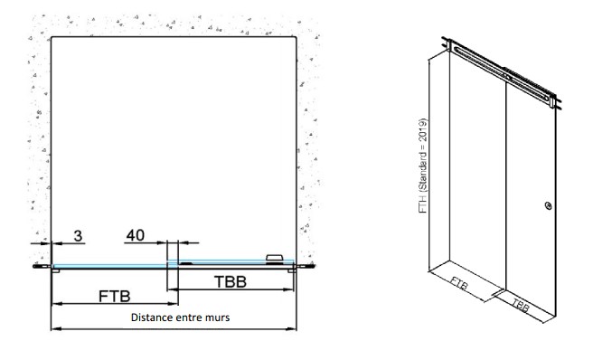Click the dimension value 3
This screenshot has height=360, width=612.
[78, 236]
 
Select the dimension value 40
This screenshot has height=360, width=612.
[136, 235]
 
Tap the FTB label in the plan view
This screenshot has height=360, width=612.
[115, 297]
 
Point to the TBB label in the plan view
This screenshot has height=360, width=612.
[231, 282]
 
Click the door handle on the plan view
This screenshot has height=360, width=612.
[275, 258]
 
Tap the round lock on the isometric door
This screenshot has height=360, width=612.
[549, 205]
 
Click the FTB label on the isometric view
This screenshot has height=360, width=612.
[459, 284]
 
